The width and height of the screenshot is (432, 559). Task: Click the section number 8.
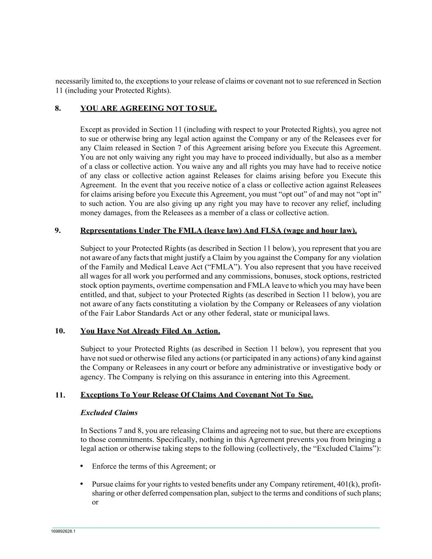[58, 109]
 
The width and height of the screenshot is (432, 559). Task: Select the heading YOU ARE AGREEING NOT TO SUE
[148, 109]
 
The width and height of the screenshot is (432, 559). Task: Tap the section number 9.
[58, 231]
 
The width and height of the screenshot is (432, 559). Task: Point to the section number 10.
[60, 331]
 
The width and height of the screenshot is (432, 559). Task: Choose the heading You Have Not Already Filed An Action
[150, 331]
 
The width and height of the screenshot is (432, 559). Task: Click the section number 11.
[60, 395]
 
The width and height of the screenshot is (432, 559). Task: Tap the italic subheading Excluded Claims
[109, 413]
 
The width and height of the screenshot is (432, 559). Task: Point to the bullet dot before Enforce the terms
[82, 466]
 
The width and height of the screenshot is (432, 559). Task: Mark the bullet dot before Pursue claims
[82, 484]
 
